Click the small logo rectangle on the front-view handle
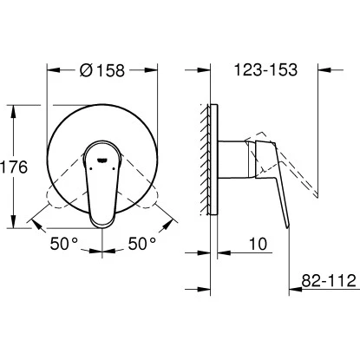point(101,160)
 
